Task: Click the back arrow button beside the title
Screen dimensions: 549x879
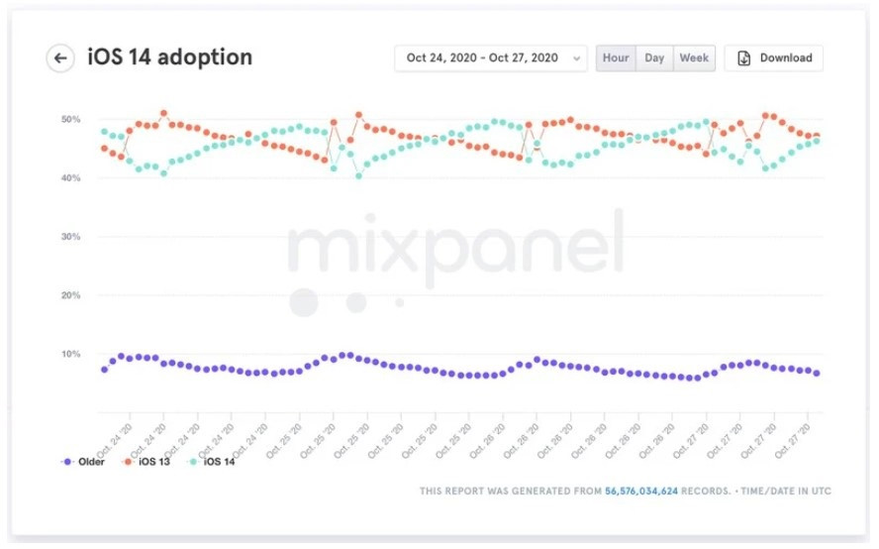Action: (x=60, y=57)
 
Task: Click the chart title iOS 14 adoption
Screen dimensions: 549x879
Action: (x=170, y=57)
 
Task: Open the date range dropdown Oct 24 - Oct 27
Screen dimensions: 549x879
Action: (x=490, y=57)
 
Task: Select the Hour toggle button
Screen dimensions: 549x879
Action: (x=616, y=57)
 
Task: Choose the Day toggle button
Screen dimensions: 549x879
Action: (x=654, y=57)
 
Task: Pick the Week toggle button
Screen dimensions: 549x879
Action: (x=694, y=57)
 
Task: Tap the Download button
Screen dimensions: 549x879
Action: (x=774, y=57)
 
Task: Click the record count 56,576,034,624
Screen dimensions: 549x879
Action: (x=641, y=491)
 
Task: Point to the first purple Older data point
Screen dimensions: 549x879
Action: (x=104, y=370)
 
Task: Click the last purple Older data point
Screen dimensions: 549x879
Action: (x=817, y=374)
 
